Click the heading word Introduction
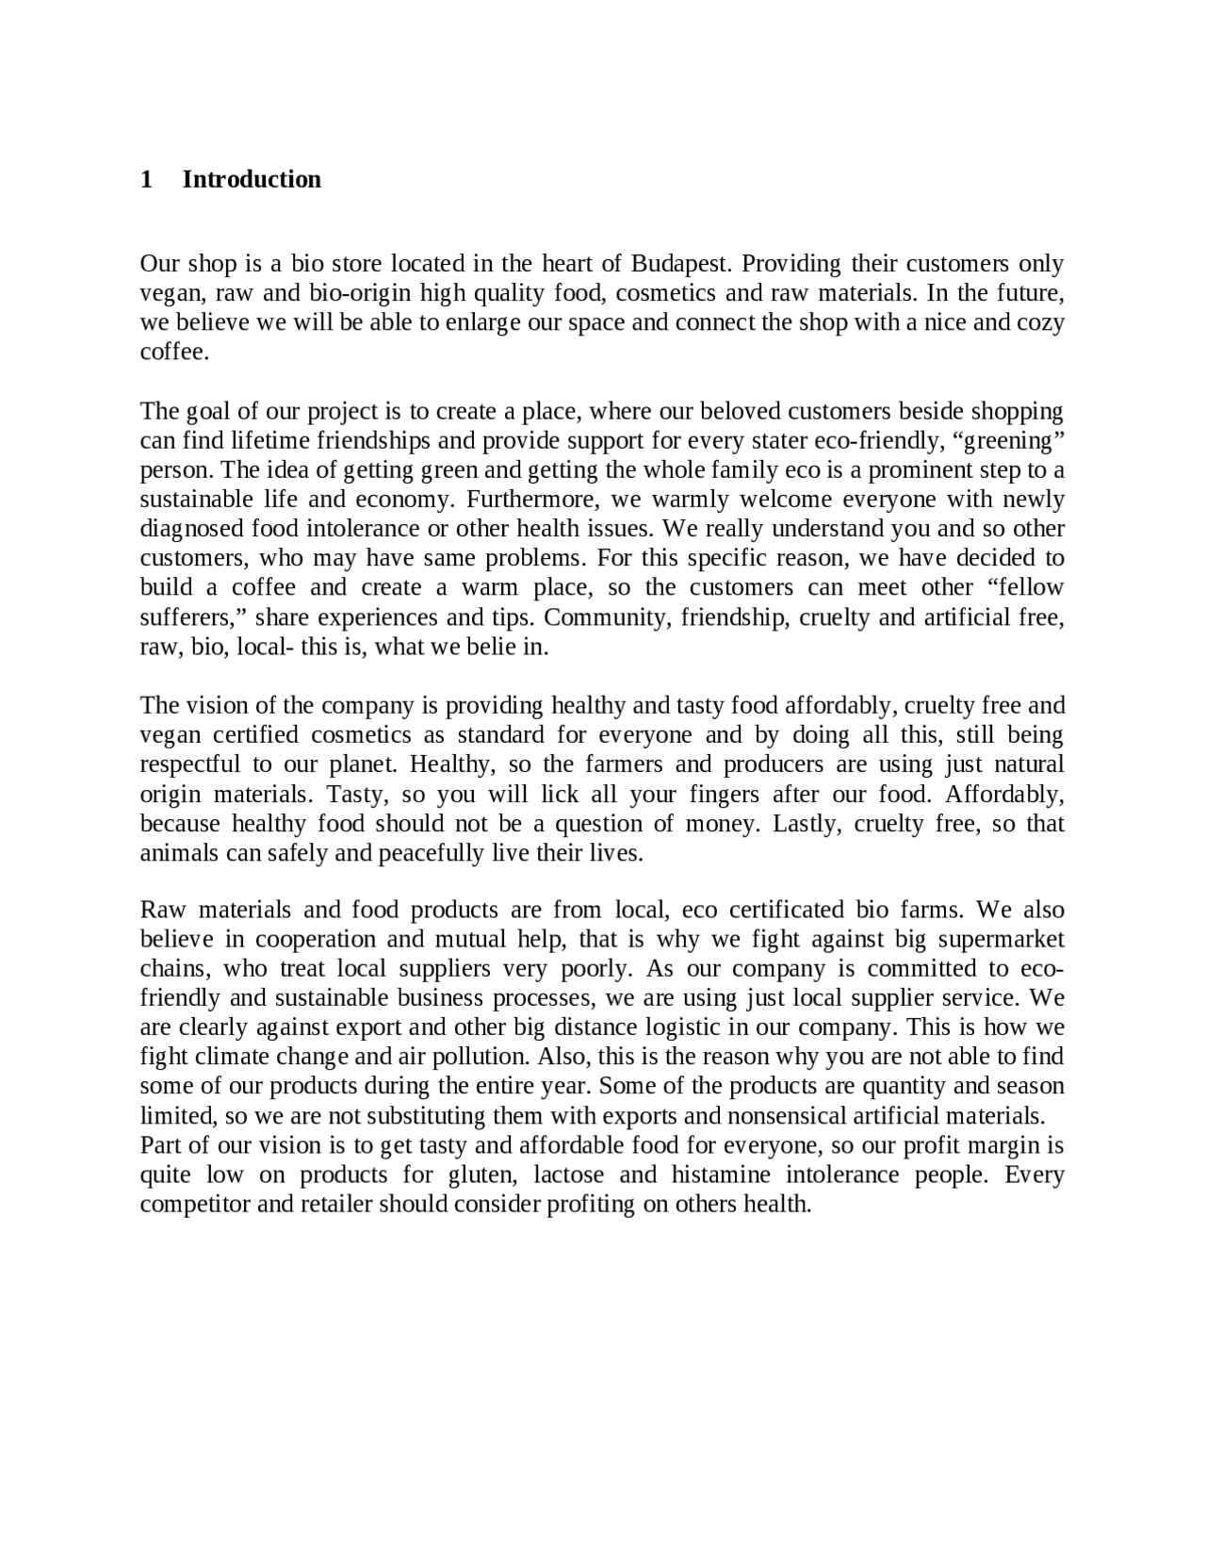click(x=252, y=179)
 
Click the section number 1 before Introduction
click(x=146, y=179)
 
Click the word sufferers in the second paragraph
click(x=189, y=617)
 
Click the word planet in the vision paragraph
click(x=365, y=764)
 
